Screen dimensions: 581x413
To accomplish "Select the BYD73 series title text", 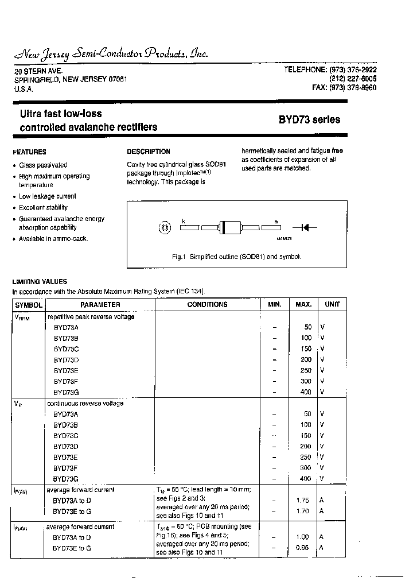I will [309, 120].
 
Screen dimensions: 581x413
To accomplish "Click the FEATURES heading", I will [29, 152].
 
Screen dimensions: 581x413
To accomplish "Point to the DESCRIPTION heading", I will [149, 152].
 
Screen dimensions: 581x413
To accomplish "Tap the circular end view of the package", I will [165, 228].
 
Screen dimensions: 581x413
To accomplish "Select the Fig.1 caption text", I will [236, 257].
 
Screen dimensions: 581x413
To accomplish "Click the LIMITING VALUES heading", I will [40, 282].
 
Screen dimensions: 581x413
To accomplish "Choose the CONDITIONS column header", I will [207, 305].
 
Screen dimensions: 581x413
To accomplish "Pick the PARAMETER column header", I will [100, 305].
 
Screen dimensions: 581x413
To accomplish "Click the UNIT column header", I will [332, 305].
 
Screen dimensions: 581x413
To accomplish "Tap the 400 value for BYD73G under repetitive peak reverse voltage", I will [306, 392].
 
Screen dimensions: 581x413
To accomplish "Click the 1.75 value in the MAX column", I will [302, 501].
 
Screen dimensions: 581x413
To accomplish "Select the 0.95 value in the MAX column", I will [302, 548].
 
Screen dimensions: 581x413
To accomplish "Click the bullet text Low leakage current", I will [47, 196].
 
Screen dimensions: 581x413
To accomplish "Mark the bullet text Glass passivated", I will [43, 165].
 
